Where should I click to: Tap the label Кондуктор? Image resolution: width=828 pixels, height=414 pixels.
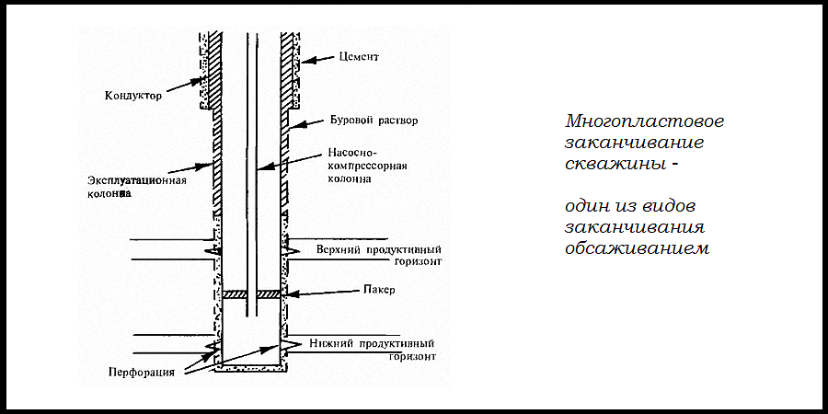coord(133,96)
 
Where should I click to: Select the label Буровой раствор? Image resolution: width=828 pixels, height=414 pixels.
coord(374,121)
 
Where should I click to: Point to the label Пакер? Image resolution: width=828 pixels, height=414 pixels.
coord(379,290)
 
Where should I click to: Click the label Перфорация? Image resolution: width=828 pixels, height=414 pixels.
coord(142,372)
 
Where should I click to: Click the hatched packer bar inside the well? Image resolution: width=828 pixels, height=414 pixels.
coord(251,293)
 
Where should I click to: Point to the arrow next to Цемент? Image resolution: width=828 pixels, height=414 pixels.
coord(317,60)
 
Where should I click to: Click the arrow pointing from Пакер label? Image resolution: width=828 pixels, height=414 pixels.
coord(323,293)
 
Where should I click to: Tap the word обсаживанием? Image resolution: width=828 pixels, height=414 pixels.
coord(638,248)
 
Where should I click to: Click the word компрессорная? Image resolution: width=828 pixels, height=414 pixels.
coord(367,166)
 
